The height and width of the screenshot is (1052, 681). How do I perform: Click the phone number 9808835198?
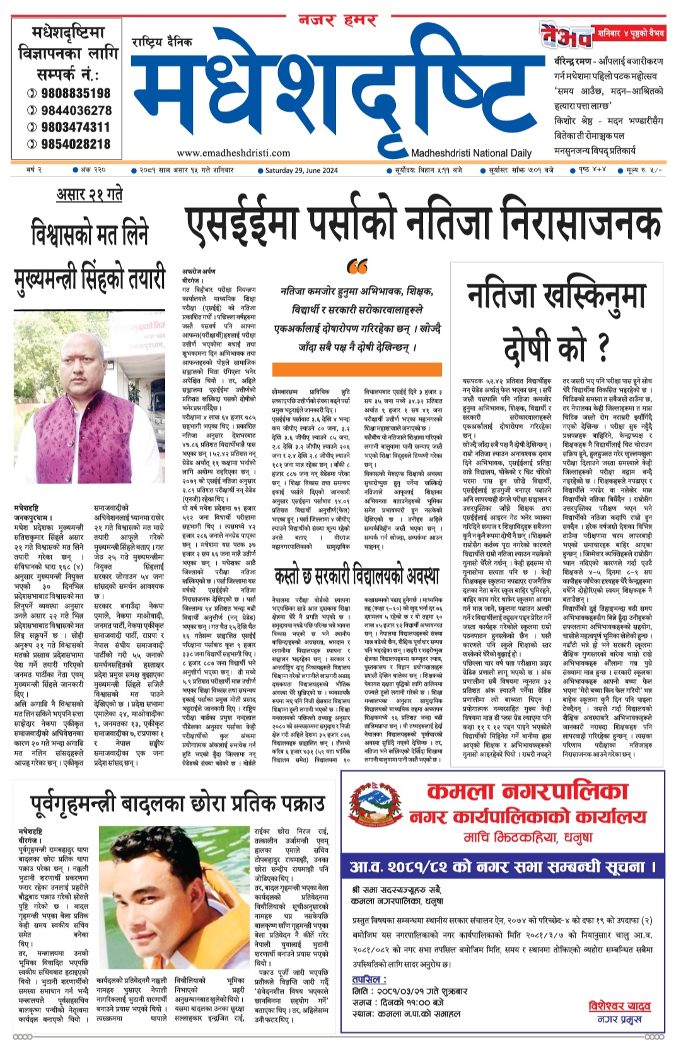[x=75, y=93]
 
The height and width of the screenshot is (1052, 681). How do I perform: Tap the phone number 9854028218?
[x=75, y=144]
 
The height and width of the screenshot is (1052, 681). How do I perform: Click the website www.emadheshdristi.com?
[x=233, y=153]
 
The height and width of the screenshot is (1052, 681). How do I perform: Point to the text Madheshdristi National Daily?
[x=471, y=153]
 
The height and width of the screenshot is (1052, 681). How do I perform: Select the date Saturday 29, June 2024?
[x=301, y=170]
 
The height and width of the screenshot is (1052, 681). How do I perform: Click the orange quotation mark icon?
[x=357, y=267]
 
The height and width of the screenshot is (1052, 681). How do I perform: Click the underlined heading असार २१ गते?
[x=90, y=194]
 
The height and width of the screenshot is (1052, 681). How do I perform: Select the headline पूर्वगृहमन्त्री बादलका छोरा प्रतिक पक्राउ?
[x=178, y=804]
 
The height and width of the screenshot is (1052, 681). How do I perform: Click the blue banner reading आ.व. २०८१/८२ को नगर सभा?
[x=502, y=867]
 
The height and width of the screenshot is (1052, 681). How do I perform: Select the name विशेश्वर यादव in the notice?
[x=619, y=1006]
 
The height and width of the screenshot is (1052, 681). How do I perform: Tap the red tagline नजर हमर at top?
[x=338, y=20]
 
